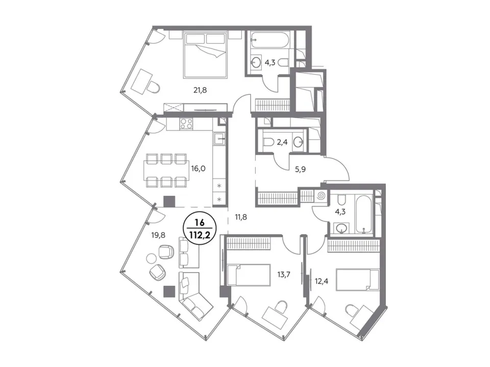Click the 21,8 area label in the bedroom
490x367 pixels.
(x=200, y=91)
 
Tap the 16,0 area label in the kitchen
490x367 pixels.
(x=198, y=169)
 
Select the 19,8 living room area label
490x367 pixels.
(x=158, y=235)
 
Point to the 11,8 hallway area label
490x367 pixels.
(x=240, y=217)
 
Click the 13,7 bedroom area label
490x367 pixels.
(x=284, y=275)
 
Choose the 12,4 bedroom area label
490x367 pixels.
(x=321, y=281)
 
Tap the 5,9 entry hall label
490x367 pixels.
(x=300, y=169)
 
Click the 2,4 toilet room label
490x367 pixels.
(x=282, y=143)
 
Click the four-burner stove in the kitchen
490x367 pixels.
(x=186, y=123)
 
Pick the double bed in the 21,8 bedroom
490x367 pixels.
(x=205, y=55)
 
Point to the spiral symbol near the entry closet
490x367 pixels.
(x=321, y=196)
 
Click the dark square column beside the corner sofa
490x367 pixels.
(x=169, y=291)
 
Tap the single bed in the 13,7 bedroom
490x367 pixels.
(x=249, y=275)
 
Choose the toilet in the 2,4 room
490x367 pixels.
(x=269, y=143)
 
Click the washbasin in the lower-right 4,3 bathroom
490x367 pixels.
(x=341, y=228)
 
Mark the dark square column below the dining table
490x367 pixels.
(x=169, y=201)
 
